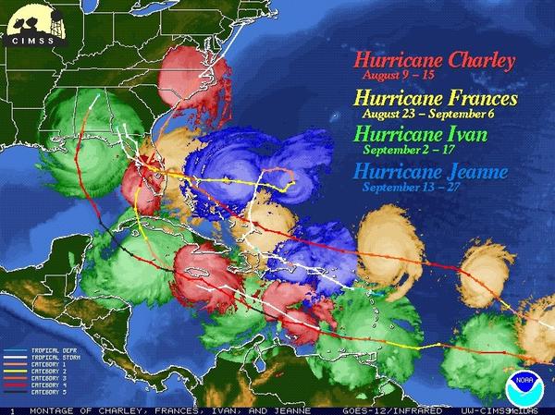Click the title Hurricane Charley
point(434,62)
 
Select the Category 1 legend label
point(49,363)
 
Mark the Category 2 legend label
point(49,371)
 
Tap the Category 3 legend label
point(49,377)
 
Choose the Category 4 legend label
point(49,384)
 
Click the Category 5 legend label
point(49,391)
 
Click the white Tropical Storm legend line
point(16,357)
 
